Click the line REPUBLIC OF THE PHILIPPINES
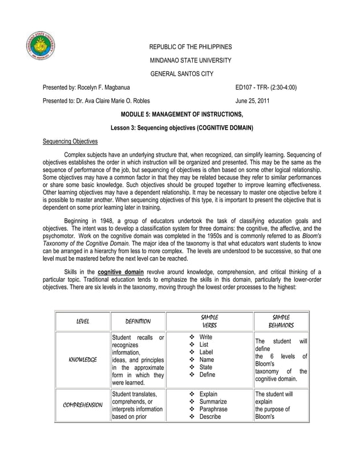pos(191,46)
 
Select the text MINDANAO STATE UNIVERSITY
pos(190,60)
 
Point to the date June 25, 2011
pos(253,101)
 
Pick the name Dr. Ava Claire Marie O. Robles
pos(114,101)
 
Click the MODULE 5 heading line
pos(182,115)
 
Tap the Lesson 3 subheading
pos(182,127)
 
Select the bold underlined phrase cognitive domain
pos(122,271)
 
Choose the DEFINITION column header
pos(137,322)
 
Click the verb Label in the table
pos(207,353)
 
